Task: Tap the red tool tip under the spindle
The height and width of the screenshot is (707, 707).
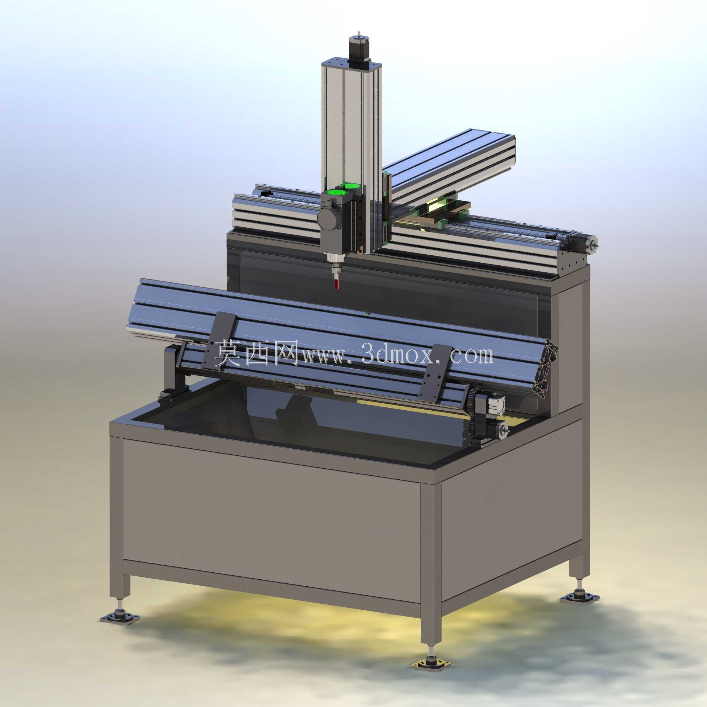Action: (x=337, y=284)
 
